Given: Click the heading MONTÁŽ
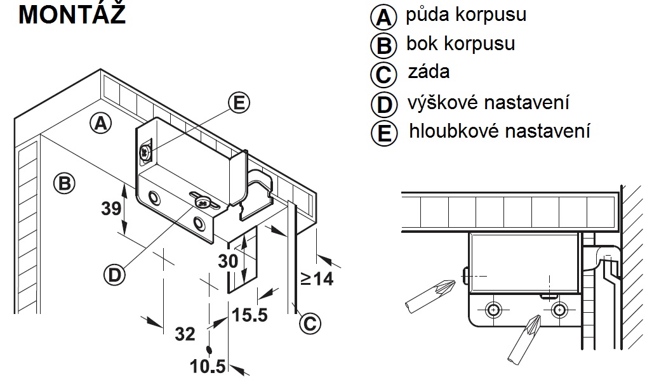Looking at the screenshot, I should coord(72,15).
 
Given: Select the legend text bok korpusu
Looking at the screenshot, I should coord(460,44).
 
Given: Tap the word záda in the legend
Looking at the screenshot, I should coord(429,72).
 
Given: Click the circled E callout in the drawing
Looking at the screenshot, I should coord(238,103).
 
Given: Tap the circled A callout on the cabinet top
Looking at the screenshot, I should coord(99,123).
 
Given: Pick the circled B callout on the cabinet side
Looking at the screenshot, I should coord(64,183).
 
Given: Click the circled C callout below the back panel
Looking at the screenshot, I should coord(309,323).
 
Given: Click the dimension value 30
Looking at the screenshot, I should coord(227,260).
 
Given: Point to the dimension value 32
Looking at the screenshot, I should coord(185,334).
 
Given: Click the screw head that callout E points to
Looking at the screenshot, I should coord(146,152).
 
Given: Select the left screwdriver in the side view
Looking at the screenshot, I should coord(429,295).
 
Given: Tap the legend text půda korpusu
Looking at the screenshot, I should coord(465,15).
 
